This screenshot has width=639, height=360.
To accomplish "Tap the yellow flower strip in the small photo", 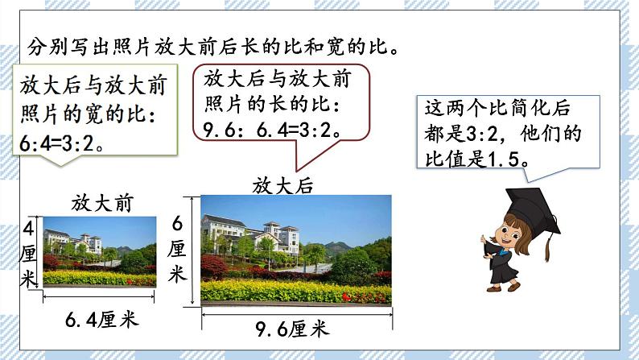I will [x=97, y=279].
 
